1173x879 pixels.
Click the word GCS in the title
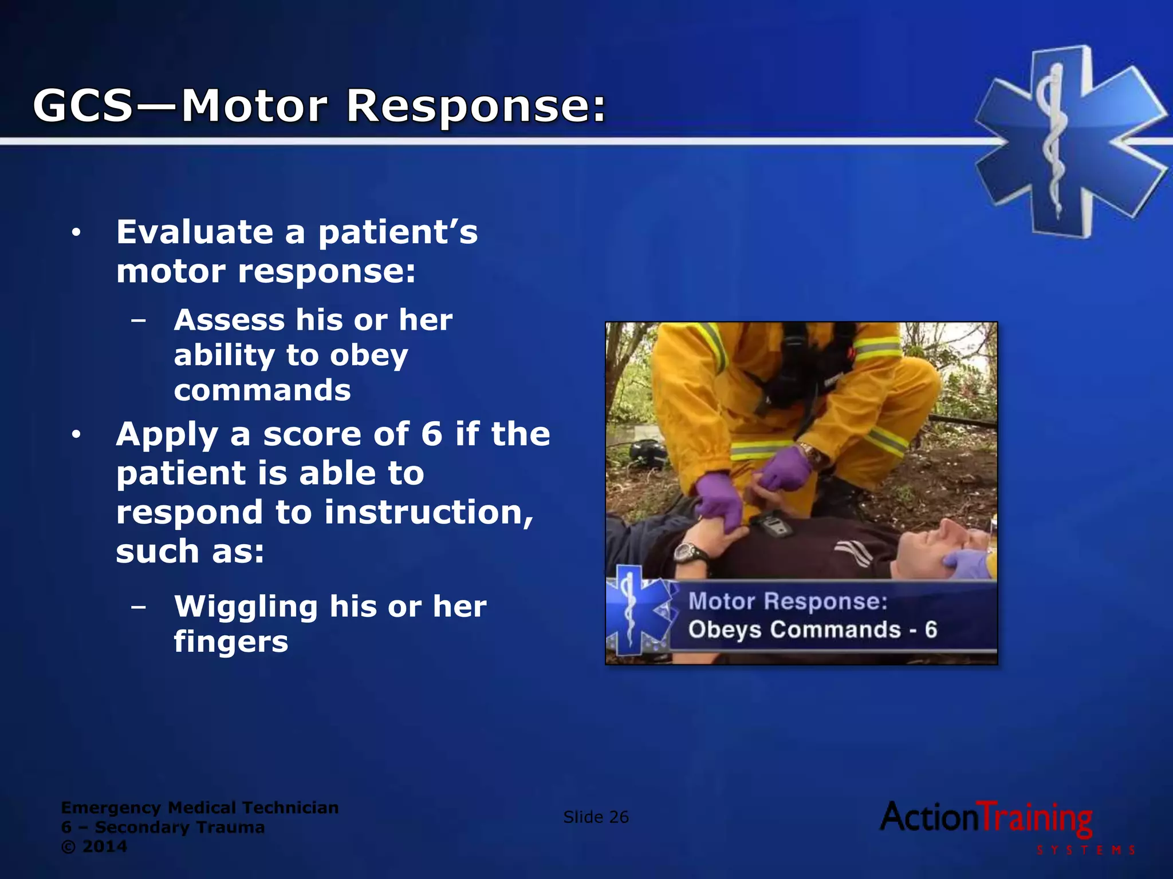point(83,106)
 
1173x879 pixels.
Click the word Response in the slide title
point(475,106)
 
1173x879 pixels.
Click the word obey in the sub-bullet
point(369,355)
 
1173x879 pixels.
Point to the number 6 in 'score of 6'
point(432,434)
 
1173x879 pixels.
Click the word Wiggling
point(246,607)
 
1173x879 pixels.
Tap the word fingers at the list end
point(231,642)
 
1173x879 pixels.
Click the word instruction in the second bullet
point(428,512)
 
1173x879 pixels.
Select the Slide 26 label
point(596,817)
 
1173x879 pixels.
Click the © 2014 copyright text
point(94,846)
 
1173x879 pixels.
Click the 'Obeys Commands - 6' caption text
point(812,630)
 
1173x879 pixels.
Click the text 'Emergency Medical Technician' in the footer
point(199,807)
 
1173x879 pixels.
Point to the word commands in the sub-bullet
point(262,391)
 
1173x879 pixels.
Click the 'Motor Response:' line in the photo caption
point(788,601)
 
